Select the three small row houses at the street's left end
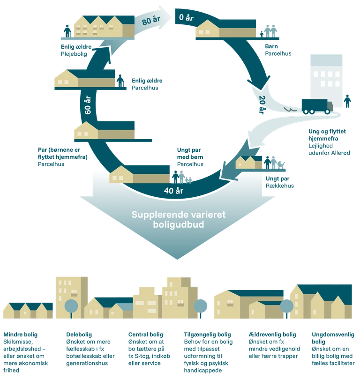tap(28, 310)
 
